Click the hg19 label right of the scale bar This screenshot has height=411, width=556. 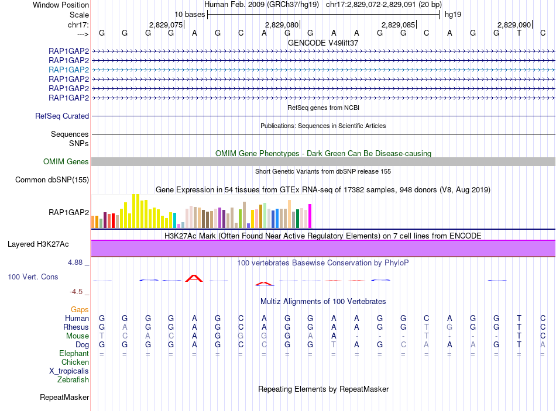[452, 14]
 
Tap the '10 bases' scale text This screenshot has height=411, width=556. [190, 14]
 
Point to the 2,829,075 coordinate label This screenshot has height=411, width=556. [166, 25]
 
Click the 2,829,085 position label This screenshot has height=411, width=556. [399, 25]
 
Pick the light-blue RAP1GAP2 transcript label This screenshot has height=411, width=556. [69, 70]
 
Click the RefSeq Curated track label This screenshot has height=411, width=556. [62, 116]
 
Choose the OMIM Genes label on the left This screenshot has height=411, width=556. [66, 162]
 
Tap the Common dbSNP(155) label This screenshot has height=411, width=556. [52, 180]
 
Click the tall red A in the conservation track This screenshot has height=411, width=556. [194, 278]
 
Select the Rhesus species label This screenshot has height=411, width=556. [77, 327]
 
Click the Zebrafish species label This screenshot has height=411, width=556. [73, 380]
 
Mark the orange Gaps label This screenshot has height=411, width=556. [80, 309]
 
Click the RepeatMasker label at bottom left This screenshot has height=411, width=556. [64, 398]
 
